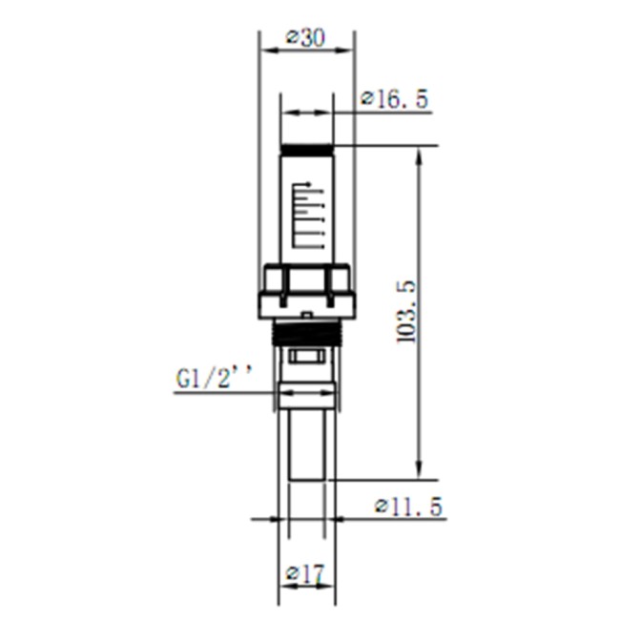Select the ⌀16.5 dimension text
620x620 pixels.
[x=394, y=99]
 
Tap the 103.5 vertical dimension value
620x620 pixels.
[x=404, y=312]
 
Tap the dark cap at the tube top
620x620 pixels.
[x=307, y=151]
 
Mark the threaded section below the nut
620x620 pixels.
[x=307, y=333]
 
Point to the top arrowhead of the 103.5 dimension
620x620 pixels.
[x=417, y=155]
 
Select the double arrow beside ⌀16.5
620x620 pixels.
[x=307, y=114]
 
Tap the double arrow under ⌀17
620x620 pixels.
[x=305, y=586]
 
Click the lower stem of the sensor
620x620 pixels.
[x=306, y=444]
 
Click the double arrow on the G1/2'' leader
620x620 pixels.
[x=306, y=392]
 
